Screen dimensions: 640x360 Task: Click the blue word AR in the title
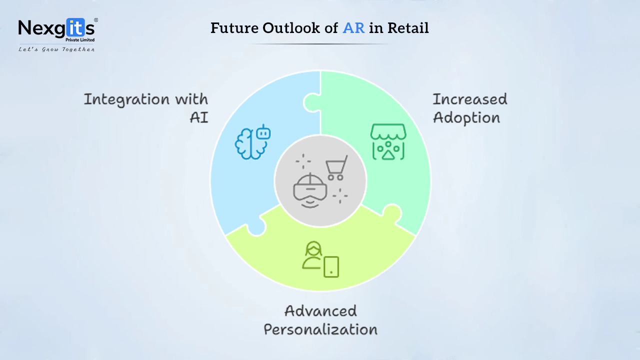click(353, 28)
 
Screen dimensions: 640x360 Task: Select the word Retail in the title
click(408, 28)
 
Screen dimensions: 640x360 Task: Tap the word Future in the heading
click(234, 28)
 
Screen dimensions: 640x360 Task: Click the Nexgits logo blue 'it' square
click(75, 27)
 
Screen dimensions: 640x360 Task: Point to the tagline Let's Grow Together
click(56, 49)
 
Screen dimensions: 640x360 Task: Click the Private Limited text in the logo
click(80, 40)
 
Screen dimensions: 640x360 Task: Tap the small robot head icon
click(263, 132)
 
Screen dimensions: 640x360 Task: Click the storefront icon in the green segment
click(388, 141)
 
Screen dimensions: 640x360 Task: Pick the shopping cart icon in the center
click(337, 167)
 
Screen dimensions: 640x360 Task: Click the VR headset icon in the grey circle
click(310, 189)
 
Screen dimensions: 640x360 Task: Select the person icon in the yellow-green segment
click(313, 255)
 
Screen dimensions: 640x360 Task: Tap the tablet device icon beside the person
click(331, 267)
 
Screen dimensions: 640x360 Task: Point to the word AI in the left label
click(199, 117)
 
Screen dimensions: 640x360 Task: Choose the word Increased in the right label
click(470, 99)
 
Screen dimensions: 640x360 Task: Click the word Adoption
click(466, 117)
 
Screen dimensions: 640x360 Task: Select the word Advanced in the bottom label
click(320, 311)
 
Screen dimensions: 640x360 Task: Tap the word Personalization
click(320, 329)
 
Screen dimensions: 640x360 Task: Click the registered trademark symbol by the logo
click(96, 20)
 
